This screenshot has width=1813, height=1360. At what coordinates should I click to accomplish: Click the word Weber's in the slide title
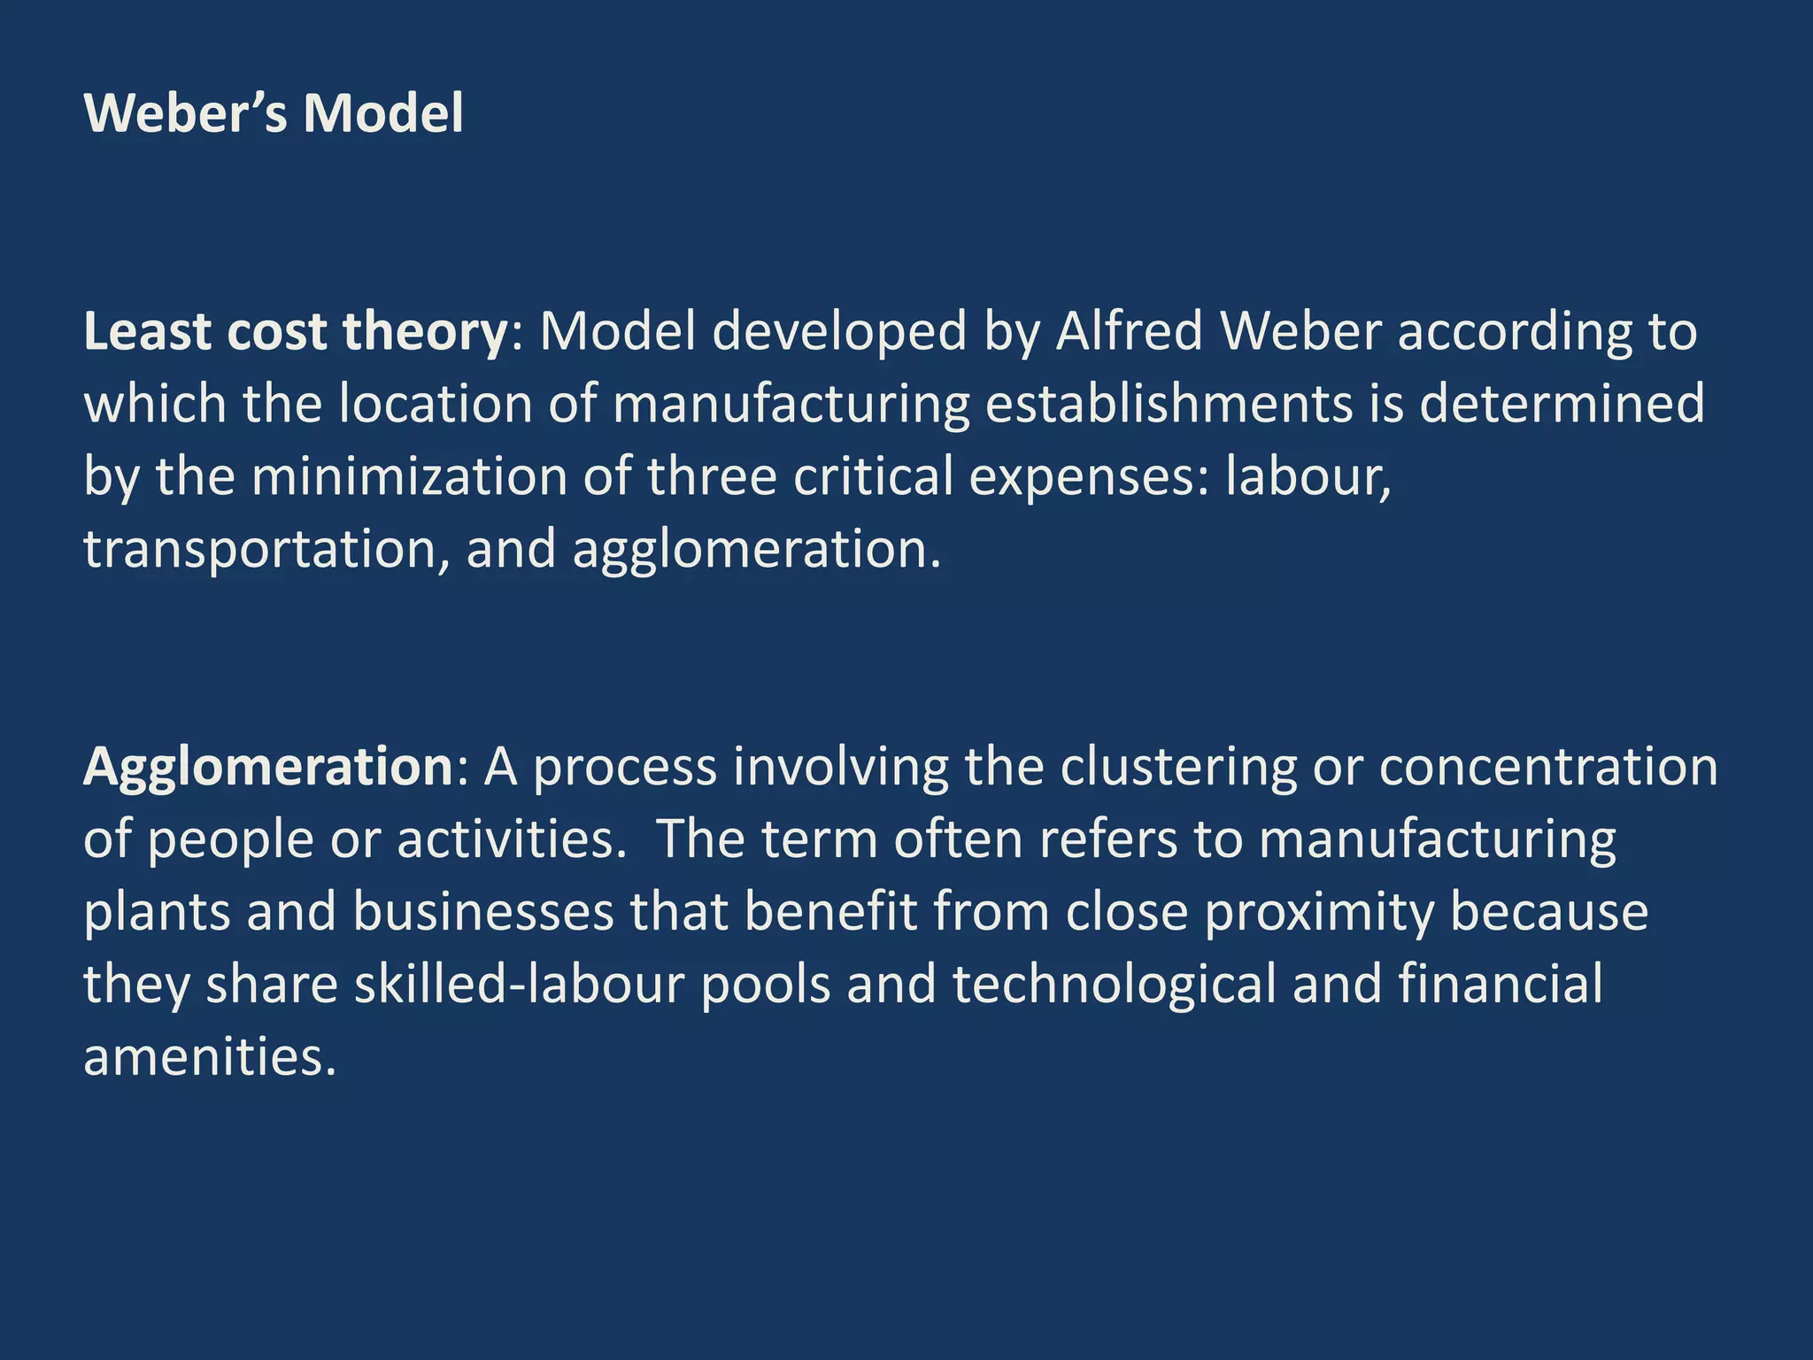click(x=185, y=114)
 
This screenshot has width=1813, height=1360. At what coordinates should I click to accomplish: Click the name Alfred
click(x=1129, y=331)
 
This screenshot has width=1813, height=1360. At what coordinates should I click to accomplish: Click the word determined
click(x=1562, y=404)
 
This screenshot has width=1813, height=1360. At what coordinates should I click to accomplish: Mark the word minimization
click(x=409, y=476)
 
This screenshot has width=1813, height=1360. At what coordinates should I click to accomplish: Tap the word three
click(x=712, y=476)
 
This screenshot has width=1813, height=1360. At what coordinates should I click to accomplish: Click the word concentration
click(x=1548, y=767)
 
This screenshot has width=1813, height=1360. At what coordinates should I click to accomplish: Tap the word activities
click(x=505, y=839)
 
